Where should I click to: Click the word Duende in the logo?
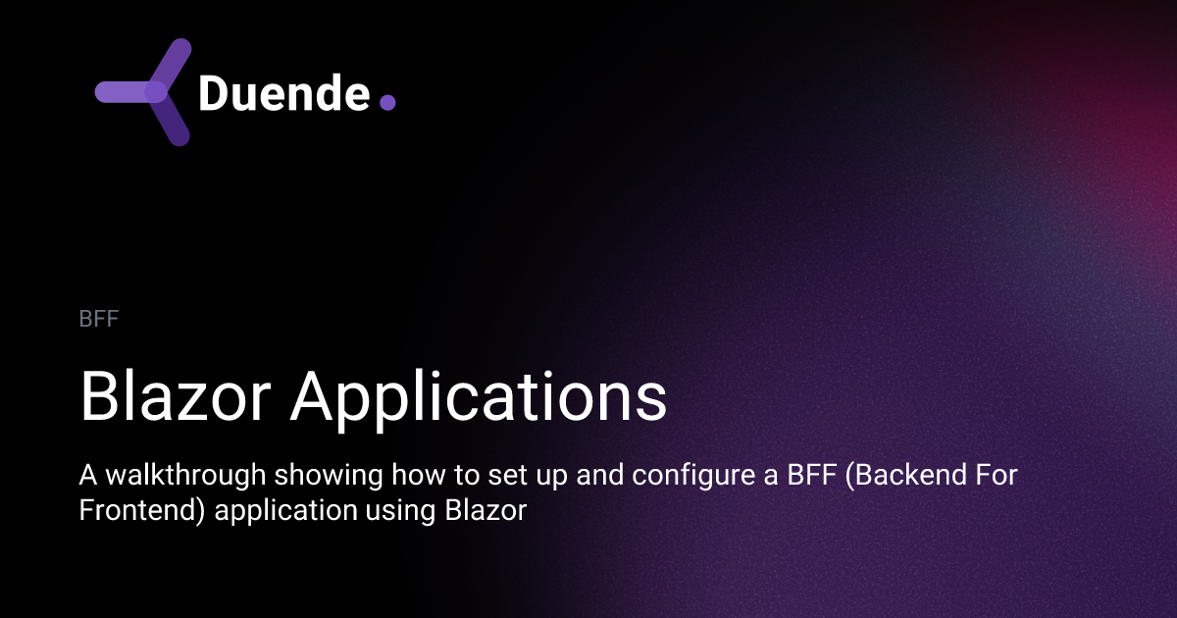click(x=283, y=93)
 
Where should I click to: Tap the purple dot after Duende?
click(x=386, y=101)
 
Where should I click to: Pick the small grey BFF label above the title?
click(x=99, y=319)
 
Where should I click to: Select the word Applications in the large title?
click(x=479, y=397)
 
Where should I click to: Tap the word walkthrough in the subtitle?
click(x=184, y=477)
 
